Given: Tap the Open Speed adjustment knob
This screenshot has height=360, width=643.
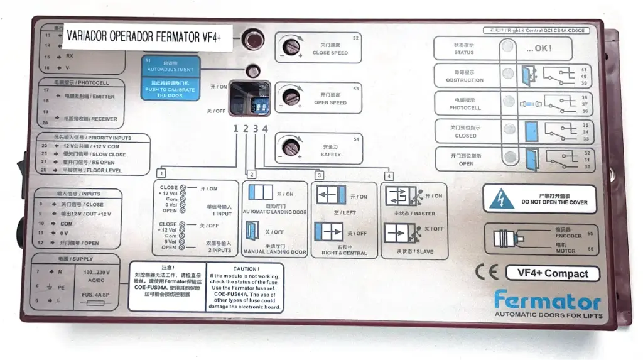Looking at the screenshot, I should click(289, 96).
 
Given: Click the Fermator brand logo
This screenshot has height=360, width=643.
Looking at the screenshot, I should click(546, 300).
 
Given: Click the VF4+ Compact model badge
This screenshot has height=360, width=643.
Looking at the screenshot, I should click(552, 273).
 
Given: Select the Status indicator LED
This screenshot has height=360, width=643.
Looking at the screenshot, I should click(507, 47).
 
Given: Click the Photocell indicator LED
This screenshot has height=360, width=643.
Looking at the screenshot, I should click(507, 102).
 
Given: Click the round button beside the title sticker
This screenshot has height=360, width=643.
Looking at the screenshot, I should click(252, 39).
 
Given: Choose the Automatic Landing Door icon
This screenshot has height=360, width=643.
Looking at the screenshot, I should click(259, 193).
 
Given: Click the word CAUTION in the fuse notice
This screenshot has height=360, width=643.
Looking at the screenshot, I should click(244, 269).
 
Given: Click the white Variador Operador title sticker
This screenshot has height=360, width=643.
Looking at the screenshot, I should click(147, 36).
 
